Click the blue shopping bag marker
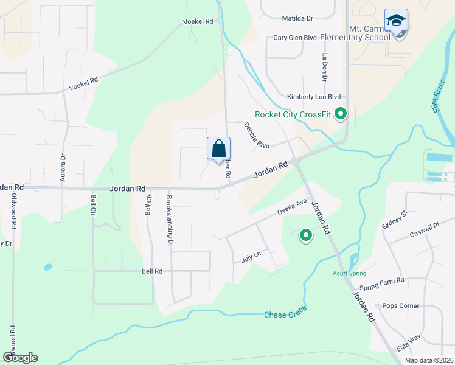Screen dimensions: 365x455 tap(218, 148)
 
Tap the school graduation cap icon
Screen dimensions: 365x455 tap(396, 21)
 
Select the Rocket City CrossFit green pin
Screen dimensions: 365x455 tap(341, 113)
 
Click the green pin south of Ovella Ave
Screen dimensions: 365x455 tap(306, 234)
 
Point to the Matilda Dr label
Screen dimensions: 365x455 tap(297, 19)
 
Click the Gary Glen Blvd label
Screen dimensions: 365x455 tap(295, 38)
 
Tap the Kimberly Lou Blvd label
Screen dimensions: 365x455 tap(314, 97)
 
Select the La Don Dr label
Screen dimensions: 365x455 tap(325, 67)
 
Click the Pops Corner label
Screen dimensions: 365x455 tap(400, 305)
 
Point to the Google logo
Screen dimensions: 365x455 tap(20, 358)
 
